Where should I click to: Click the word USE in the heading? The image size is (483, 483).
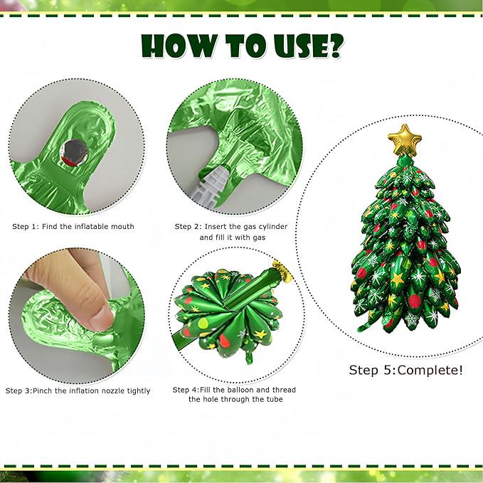click(x=292, y=46)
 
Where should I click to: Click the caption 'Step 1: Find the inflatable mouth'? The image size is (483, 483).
click(x=73, y=227)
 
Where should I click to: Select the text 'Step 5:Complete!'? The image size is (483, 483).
click(x=405, y=370)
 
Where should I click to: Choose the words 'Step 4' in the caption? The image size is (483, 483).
click(x=186, y=390)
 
